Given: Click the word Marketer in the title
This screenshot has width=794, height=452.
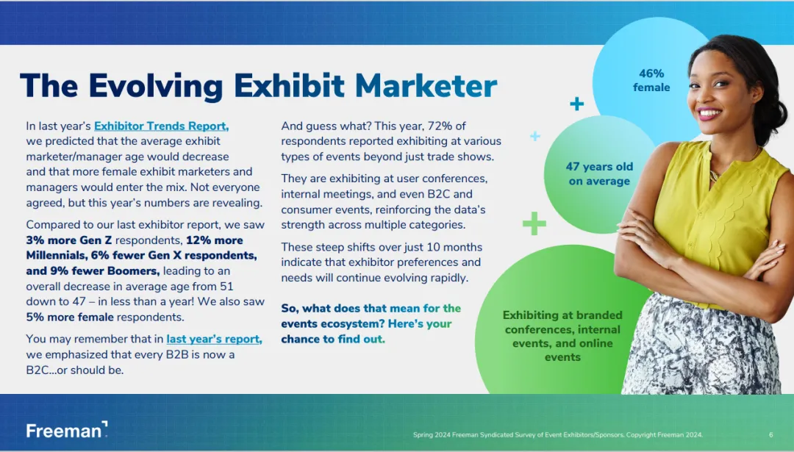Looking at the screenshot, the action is click(426, 85).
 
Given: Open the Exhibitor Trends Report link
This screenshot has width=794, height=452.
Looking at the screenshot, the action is click(162, 126).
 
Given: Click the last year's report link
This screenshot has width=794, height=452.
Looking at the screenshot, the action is click(214, 339).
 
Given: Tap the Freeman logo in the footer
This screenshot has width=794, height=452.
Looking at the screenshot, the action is click(67, 430).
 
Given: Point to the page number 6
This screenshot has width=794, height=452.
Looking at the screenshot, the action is click(770, 435).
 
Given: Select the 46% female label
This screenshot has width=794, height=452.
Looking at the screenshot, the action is click(651, 81).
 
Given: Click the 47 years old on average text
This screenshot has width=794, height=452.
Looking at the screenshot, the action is click(600, 173).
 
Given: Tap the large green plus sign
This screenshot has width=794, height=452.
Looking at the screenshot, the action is click(534, 223).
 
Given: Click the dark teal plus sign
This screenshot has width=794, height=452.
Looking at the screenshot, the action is click(577, 104).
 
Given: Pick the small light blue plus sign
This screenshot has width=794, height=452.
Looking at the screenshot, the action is click(535, 136).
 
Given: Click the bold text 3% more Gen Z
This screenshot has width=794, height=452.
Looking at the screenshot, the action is click(69, 240).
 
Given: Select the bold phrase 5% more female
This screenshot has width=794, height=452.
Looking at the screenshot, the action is click(70, 318).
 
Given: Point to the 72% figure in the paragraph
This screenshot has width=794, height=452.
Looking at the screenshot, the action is click(440, 126).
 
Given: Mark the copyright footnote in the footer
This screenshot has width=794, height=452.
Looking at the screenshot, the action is click(557, 435).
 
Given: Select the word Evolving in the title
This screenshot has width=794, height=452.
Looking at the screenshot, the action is click(156, 87).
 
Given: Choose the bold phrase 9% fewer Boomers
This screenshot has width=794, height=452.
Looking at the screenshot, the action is click(93, 270).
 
